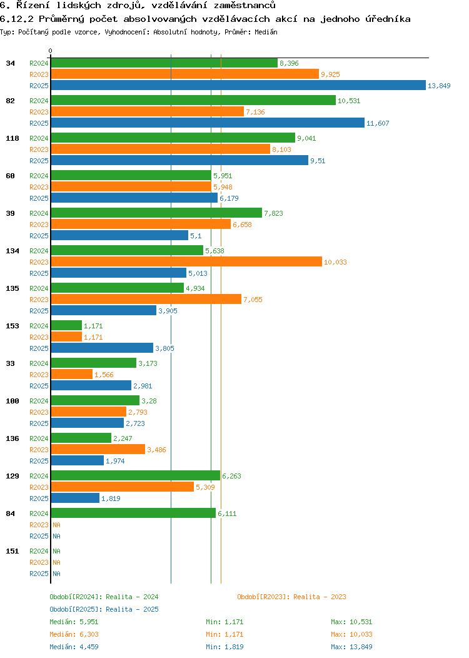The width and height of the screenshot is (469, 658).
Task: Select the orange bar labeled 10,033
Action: point(186,262)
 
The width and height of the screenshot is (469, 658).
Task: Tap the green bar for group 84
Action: point(133,514)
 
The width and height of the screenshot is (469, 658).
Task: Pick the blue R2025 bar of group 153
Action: point(101,348)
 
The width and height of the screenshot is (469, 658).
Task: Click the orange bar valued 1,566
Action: point(71,375)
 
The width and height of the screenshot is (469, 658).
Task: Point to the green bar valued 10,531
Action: point(193,101)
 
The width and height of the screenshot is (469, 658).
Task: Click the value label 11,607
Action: point(378,124)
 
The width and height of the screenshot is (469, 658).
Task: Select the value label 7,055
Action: point(253,300)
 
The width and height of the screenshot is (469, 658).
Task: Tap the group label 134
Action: point(12,251)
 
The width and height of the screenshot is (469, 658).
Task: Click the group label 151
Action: point(12,551)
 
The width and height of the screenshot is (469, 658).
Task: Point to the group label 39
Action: point(10,213)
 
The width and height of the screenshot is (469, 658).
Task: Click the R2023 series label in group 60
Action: point(39,187)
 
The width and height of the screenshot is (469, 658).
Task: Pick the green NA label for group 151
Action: point(56,552)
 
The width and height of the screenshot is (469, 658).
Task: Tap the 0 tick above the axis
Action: point(51,51)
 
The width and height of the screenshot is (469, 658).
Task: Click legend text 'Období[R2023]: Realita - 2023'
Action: point(291,597)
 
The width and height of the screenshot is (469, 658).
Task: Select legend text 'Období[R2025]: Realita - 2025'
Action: point(104,609)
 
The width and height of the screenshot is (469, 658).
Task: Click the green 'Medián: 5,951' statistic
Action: point(74,622)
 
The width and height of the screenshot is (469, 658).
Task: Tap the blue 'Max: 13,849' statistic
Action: point(351,647)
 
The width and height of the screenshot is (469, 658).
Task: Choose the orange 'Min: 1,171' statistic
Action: point(224,634)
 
